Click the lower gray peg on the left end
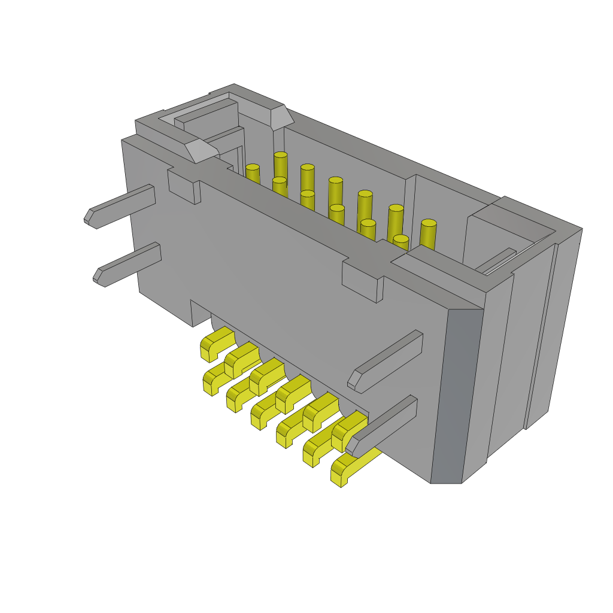coord(129,264)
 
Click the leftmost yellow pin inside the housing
coord(253,174)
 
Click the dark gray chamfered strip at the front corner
coord(456,395)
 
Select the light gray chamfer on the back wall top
coord(281,117)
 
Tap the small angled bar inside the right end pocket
coord(495,260)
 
